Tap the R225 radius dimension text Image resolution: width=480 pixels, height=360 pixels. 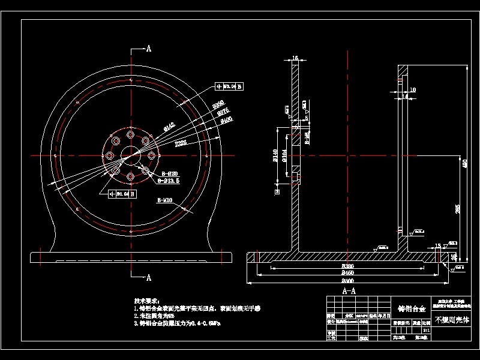pyautogui.click(x=180, y=143)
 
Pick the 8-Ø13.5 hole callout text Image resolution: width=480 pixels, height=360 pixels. pyautogui.click(x=169, y=179)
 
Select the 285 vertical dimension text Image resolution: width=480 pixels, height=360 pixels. pyautogui.click(x=458, y=209)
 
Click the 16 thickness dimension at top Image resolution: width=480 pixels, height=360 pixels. pyautogui.click(x=295, y=58)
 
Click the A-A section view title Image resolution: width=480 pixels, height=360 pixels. pyautogui.click(x=348, y=290)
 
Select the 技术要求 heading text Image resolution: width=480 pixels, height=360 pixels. pyautogui.click(x=148, y=300)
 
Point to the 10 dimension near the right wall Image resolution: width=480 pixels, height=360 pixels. pyautogui.click(x=406, y=96)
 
